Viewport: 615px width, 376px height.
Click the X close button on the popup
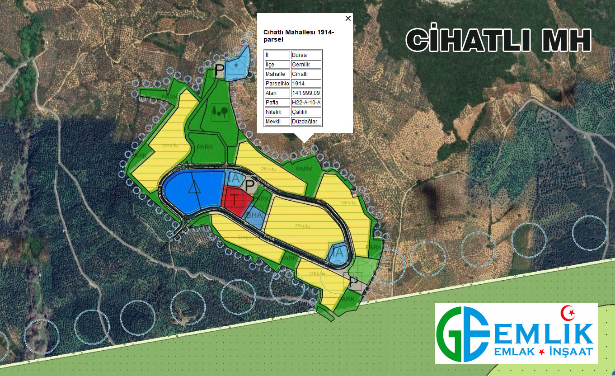(x=347, y=19)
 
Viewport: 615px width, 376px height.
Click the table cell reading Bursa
(x=306, y=55)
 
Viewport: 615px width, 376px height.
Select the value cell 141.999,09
(x=306, y=93)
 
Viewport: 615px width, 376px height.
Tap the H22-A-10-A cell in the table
(x=306, y=103)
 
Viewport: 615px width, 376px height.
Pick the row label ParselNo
(x=277, y=84)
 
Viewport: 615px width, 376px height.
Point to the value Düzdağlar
(x=306, y=122)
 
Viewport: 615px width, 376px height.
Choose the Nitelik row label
(x=277, y=112)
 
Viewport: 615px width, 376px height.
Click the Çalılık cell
(x=306, y=112)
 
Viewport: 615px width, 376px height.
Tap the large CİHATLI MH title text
(x=498, y=41)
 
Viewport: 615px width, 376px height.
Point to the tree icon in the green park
(x=220, y=110)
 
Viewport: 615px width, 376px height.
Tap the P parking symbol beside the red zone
(x=249, y=184)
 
